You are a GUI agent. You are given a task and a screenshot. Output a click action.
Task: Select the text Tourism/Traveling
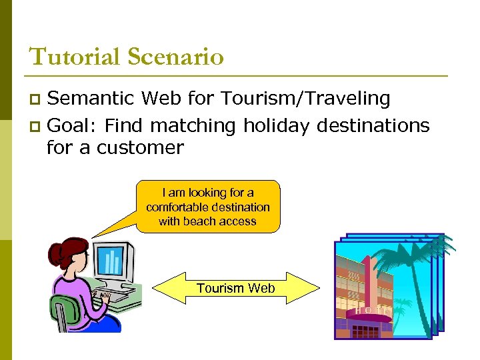coord(306,99)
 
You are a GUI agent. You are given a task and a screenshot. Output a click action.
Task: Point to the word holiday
coord(274,125)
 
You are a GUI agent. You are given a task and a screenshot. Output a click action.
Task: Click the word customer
coord(140,147)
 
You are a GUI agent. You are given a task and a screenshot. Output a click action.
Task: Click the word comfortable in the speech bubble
coord(175,207)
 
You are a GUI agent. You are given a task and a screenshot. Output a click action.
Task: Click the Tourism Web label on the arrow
coord(235,288)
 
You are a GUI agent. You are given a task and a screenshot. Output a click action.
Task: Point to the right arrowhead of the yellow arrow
coord(311,288)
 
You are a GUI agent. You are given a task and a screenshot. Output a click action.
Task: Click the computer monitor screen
coord(111,261)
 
